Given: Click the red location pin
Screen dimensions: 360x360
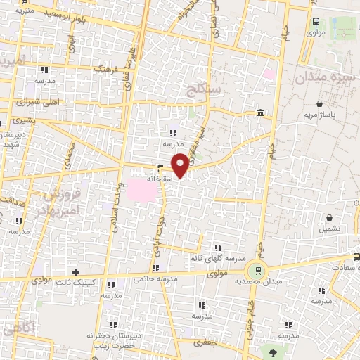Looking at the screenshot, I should tap(180, 165).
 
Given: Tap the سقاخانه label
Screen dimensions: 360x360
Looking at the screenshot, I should tap(160, 179).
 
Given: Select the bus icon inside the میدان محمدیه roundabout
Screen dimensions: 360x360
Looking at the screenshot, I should tap(258, 269).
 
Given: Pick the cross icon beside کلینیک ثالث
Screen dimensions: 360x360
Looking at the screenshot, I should tap(75, 272).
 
